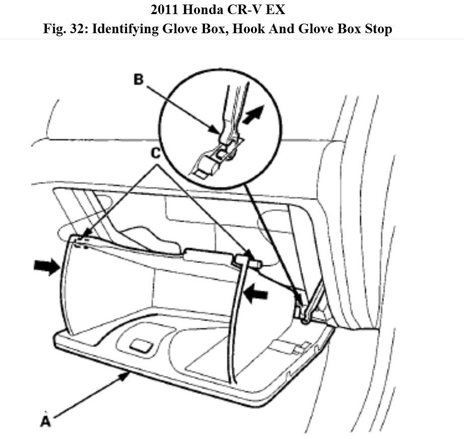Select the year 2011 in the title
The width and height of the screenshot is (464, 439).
167,10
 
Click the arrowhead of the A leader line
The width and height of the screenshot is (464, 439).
126,375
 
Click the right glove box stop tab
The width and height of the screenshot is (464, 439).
246,259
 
